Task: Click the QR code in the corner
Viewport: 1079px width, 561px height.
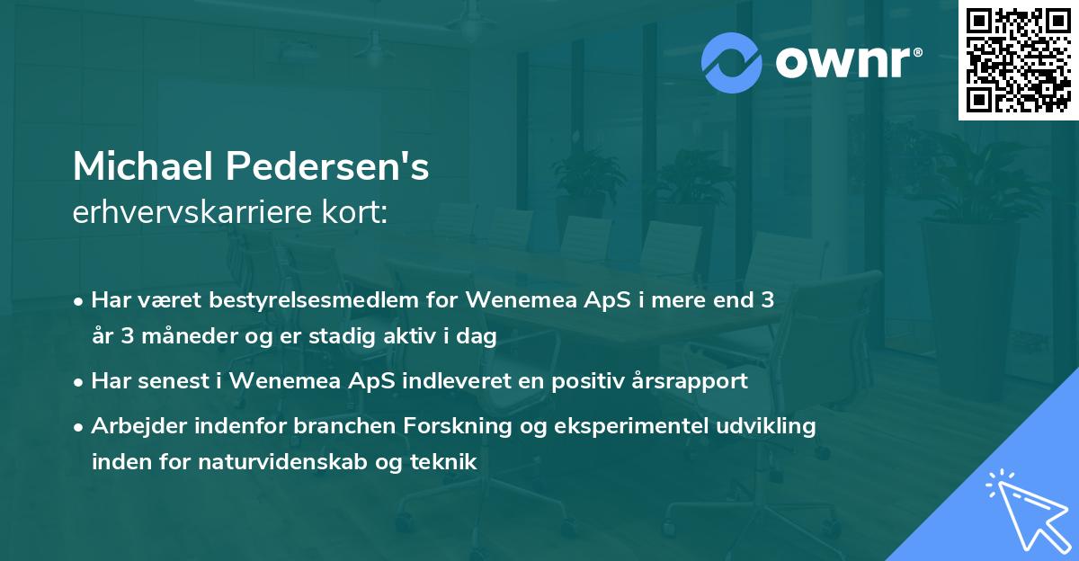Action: coord(1017,59)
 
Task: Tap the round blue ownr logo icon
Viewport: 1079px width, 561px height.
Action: coord(732,63)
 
